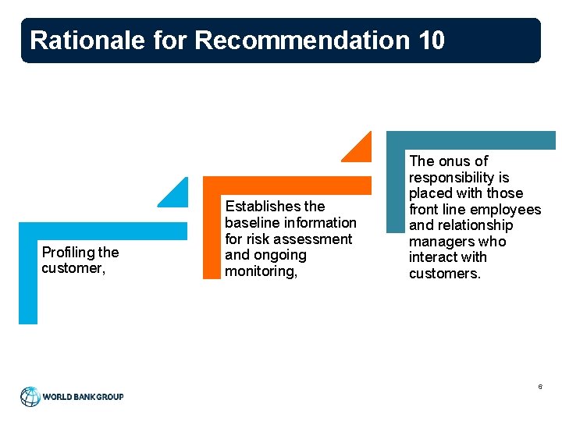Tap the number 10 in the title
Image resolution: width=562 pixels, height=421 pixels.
[x=431, y=40]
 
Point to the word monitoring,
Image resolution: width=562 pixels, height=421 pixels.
[x=261, y=271]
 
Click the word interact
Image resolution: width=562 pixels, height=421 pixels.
[x=432, y=257]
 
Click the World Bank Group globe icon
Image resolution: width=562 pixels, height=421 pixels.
[x=30, y=396]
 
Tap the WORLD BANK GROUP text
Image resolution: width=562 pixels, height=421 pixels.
[x=83, y=397]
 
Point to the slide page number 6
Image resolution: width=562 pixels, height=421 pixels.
[x=539, y=387]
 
